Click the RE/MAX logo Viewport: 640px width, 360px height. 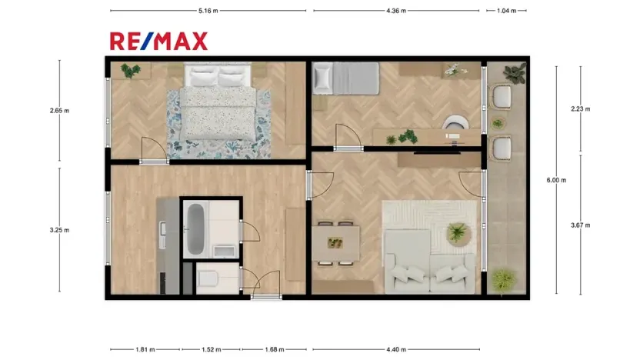point(158,41)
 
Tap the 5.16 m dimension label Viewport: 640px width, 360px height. point(208,11)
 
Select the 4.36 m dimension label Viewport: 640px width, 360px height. point(396,11)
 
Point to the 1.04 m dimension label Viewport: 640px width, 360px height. point(507,11)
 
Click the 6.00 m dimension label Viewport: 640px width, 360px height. point(556,180)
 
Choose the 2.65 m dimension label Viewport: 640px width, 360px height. point(59,110)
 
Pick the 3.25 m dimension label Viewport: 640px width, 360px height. point(59,230)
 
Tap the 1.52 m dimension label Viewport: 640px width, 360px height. point(211,350)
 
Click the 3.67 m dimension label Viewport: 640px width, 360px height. point(580,225)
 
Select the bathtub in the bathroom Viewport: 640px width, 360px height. point(195,229)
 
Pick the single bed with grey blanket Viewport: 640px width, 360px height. point(345,78)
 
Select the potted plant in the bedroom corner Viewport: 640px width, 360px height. point(130,71)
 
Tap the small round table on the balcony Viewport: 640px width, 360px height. point(501,122)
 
